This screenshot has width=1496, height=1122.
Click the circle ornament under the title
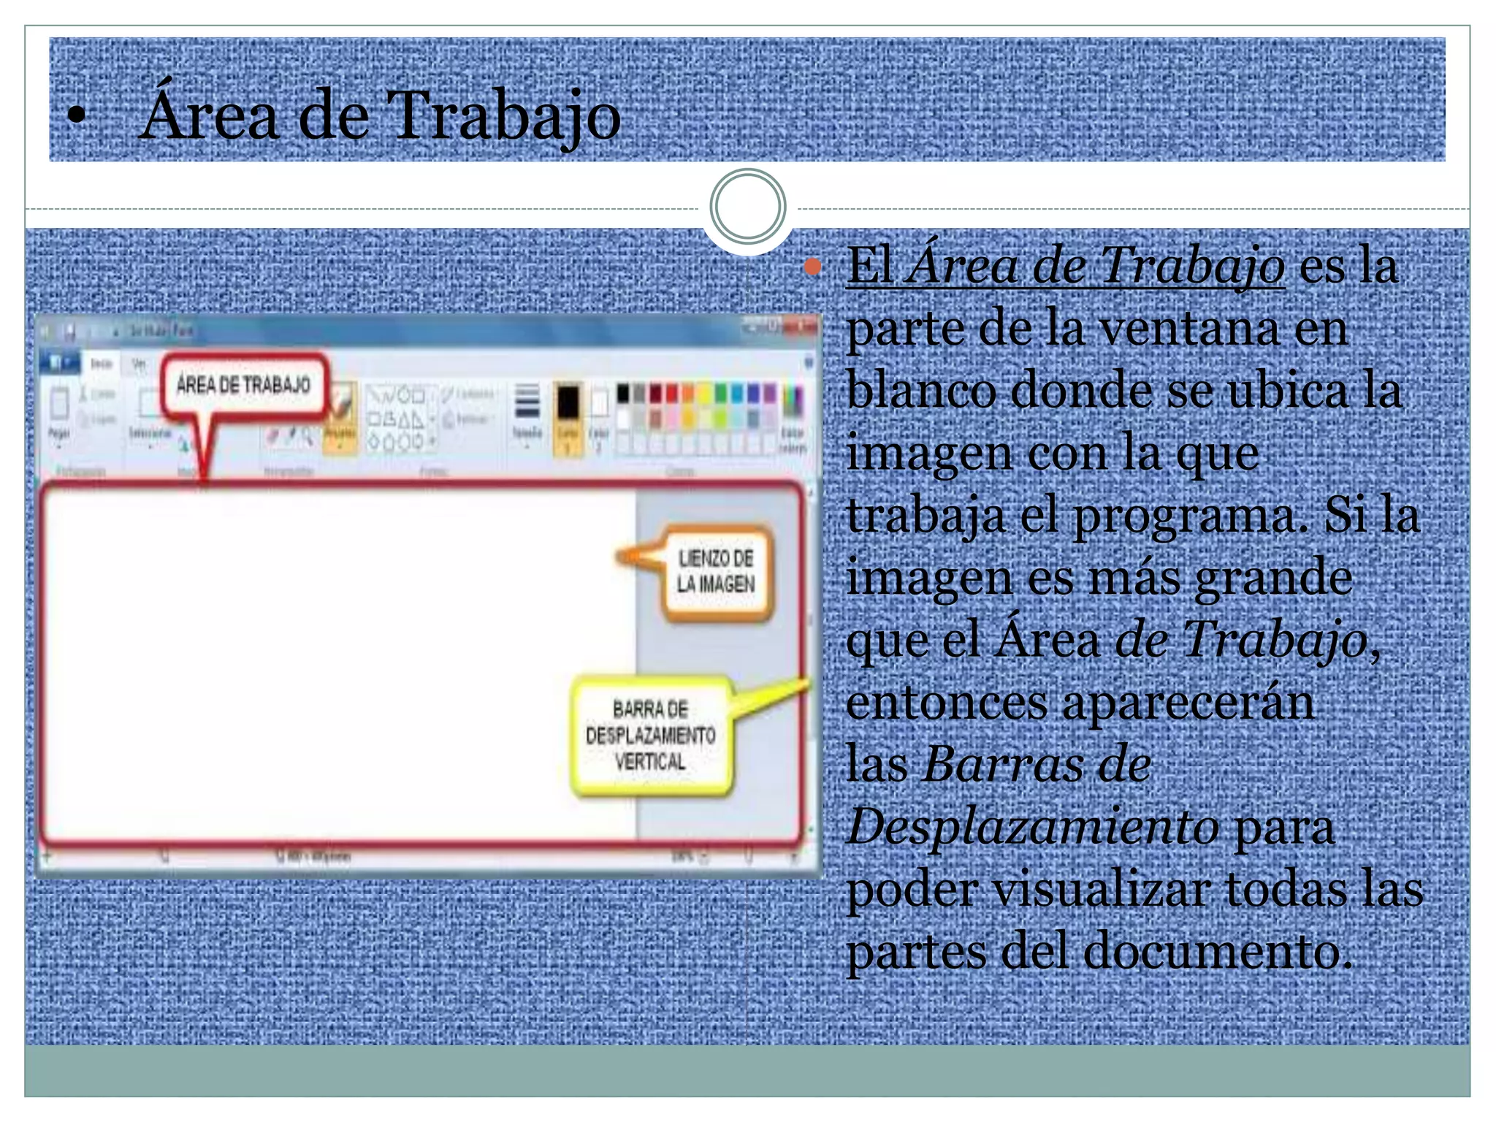747,206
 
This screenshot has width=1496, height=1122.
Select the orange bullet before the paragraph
812,267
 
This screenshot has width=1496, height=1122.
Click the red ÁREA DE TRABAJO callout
243,385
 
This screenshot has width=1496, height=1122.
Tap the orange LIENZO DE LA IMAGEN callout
715,572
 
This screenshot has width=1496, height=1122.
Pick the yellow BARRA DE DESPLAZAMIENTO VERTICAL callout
650,736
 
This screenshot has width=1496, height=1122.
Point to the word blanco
920,391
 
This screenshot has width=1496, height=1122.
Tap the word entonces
947,703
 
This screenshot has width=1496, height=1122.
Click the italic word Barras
1000,765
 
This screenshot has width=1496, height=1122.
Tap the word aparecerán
1188,703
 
